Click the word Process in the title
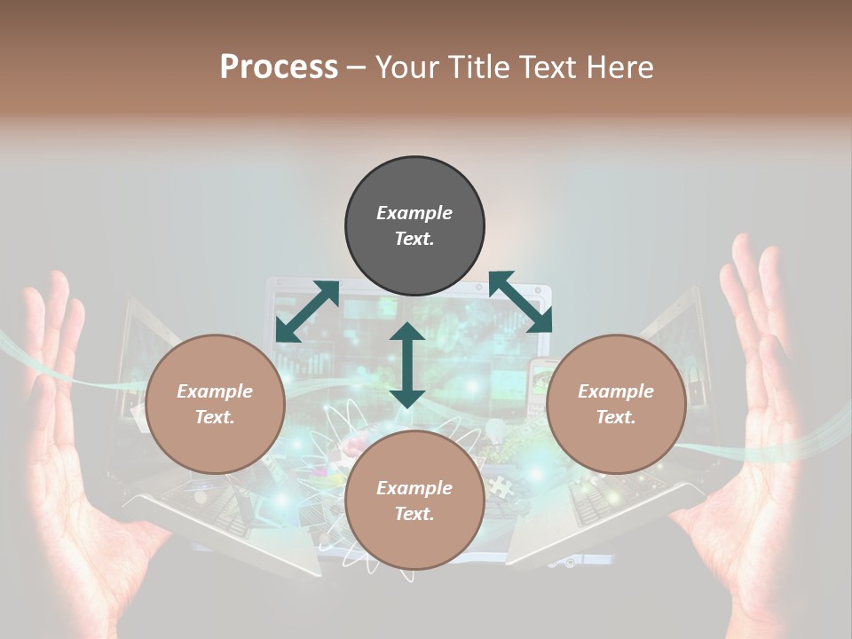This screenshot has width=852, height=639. (279, 67)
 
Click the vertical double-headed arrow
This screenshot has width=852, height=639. (407, 365)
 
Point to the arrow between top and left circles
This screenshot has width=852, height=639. (307, 312)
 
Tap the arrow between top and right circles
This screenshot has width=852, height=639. (520, 302)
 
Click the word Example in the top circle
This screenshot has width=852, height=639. (414, 213)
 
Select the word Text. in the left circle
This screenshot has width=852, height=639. (215, 417)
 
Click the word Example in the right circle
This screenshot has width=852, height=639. (616, 391)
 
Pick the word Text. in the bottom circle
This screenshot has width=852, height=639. (414, 514)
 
